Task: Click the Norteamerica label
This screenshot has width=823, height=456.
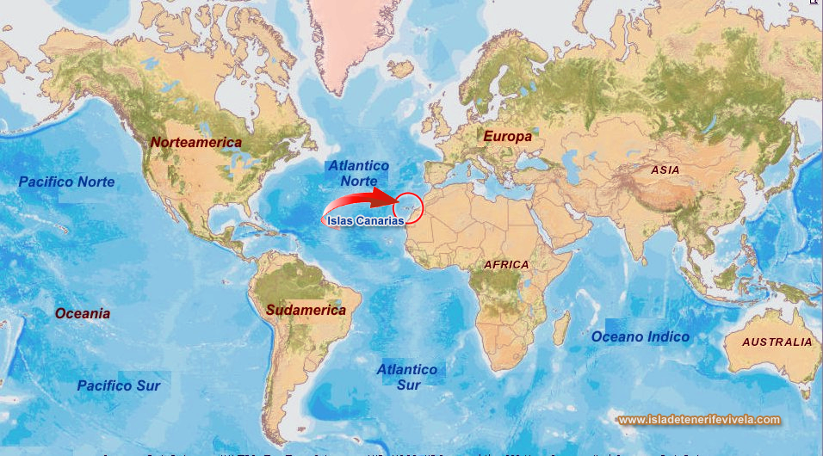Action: [195, 141]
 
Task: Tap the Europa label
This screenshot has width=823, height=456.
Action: [507, 136]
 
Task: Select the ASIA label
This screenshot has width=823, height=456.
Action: [665, 170]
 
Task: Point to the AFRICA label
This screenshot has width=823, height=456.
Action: [506, 264]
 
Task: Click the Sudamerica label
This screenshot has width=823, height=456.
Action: [306, 310]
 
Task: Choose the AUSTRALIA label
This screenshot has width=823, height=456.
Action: [777, 342]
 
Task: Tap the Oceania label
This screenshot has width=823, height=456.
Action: [83, 313]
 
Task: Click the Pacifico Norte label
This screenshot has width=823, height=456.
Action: [66, 182]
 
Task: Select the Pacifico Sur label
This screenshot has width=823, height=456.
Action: [119, 385]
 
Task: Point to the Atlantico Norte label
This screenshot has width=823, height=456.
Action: [358, 173]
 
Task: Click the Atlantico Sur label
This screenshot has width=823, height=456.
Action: [407, 377]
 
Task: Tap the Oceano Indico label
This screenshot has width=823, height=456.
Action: [640, 336]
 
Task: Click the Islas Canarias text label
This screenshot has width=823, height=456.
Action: [366, 220]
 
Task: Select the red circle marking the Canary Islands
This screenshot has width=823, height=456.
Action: [408, 208]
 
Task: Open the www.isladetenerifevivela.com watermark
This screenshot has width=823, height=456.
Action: [699, 420]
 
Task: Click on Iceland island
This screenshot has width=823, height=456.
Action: [401, 70]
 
